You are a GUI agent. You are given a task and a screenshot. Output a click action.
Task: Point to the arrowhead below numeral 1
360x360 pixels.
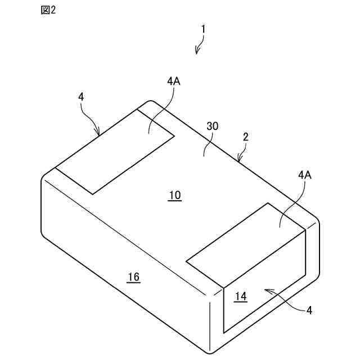[197, 52]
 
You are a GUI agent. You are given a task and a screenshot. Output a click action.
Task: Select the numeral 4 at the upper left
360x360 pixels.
[81, 97]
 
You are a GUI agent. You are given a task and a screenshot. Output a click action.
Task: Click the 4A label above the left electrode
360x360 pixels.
[173, 81]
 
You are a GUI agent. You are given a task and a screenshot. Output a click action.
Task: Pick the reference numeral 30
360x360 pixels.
[212, 127]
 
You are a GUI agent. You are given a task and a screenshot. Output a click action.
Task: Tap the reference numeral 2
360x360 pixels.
[245, 137]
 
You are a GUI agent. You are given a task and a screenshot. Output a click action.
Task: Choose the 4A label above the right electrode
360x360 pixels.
[304, 175]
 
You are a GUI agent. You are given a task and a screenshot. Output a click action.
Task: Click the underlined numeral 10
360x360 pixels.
[174, 195]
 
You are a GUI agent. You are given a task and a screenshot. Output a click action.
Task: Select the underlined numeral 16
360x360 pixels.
[133, 277]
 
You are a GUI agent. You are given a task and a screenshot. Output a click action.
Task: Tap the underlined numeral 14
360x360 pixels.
[240, 296]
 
